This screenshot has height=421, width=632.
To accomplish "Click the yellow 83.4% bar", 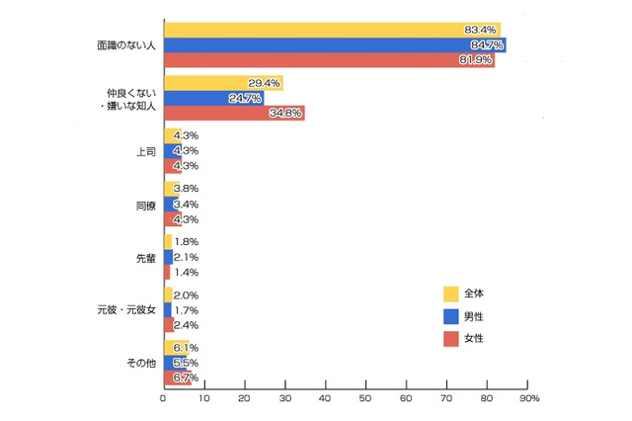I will click(331, 30).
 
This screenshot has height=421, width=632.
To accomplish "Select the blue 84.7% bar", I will click(334, 44).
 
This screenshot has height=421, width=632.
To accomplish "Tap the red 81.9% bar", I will click(328, 59).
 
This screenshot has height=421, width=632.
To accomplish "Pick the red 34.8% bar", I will click(233, 114).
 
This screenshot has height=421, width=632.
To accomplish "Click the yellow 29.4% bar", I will click(222, 83).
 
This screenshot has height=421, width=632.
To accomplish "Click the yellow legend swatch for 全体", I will click(450, 293).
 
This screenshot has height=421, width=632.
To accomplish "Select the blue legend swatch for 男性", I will click(450, 316).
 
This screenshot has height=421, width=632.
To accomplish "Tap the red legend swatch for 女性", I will click(450, 340).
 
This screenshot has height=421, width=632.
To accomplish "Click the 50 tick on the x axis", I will click(364, 399).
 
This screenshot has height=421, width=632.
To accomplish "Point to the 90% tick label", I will click(528, 399).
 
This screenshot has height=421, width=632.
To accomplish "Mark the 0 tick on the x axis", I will click(163, 399).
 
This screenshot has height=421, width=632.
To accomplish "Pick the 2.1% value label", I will click(186, 258).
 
